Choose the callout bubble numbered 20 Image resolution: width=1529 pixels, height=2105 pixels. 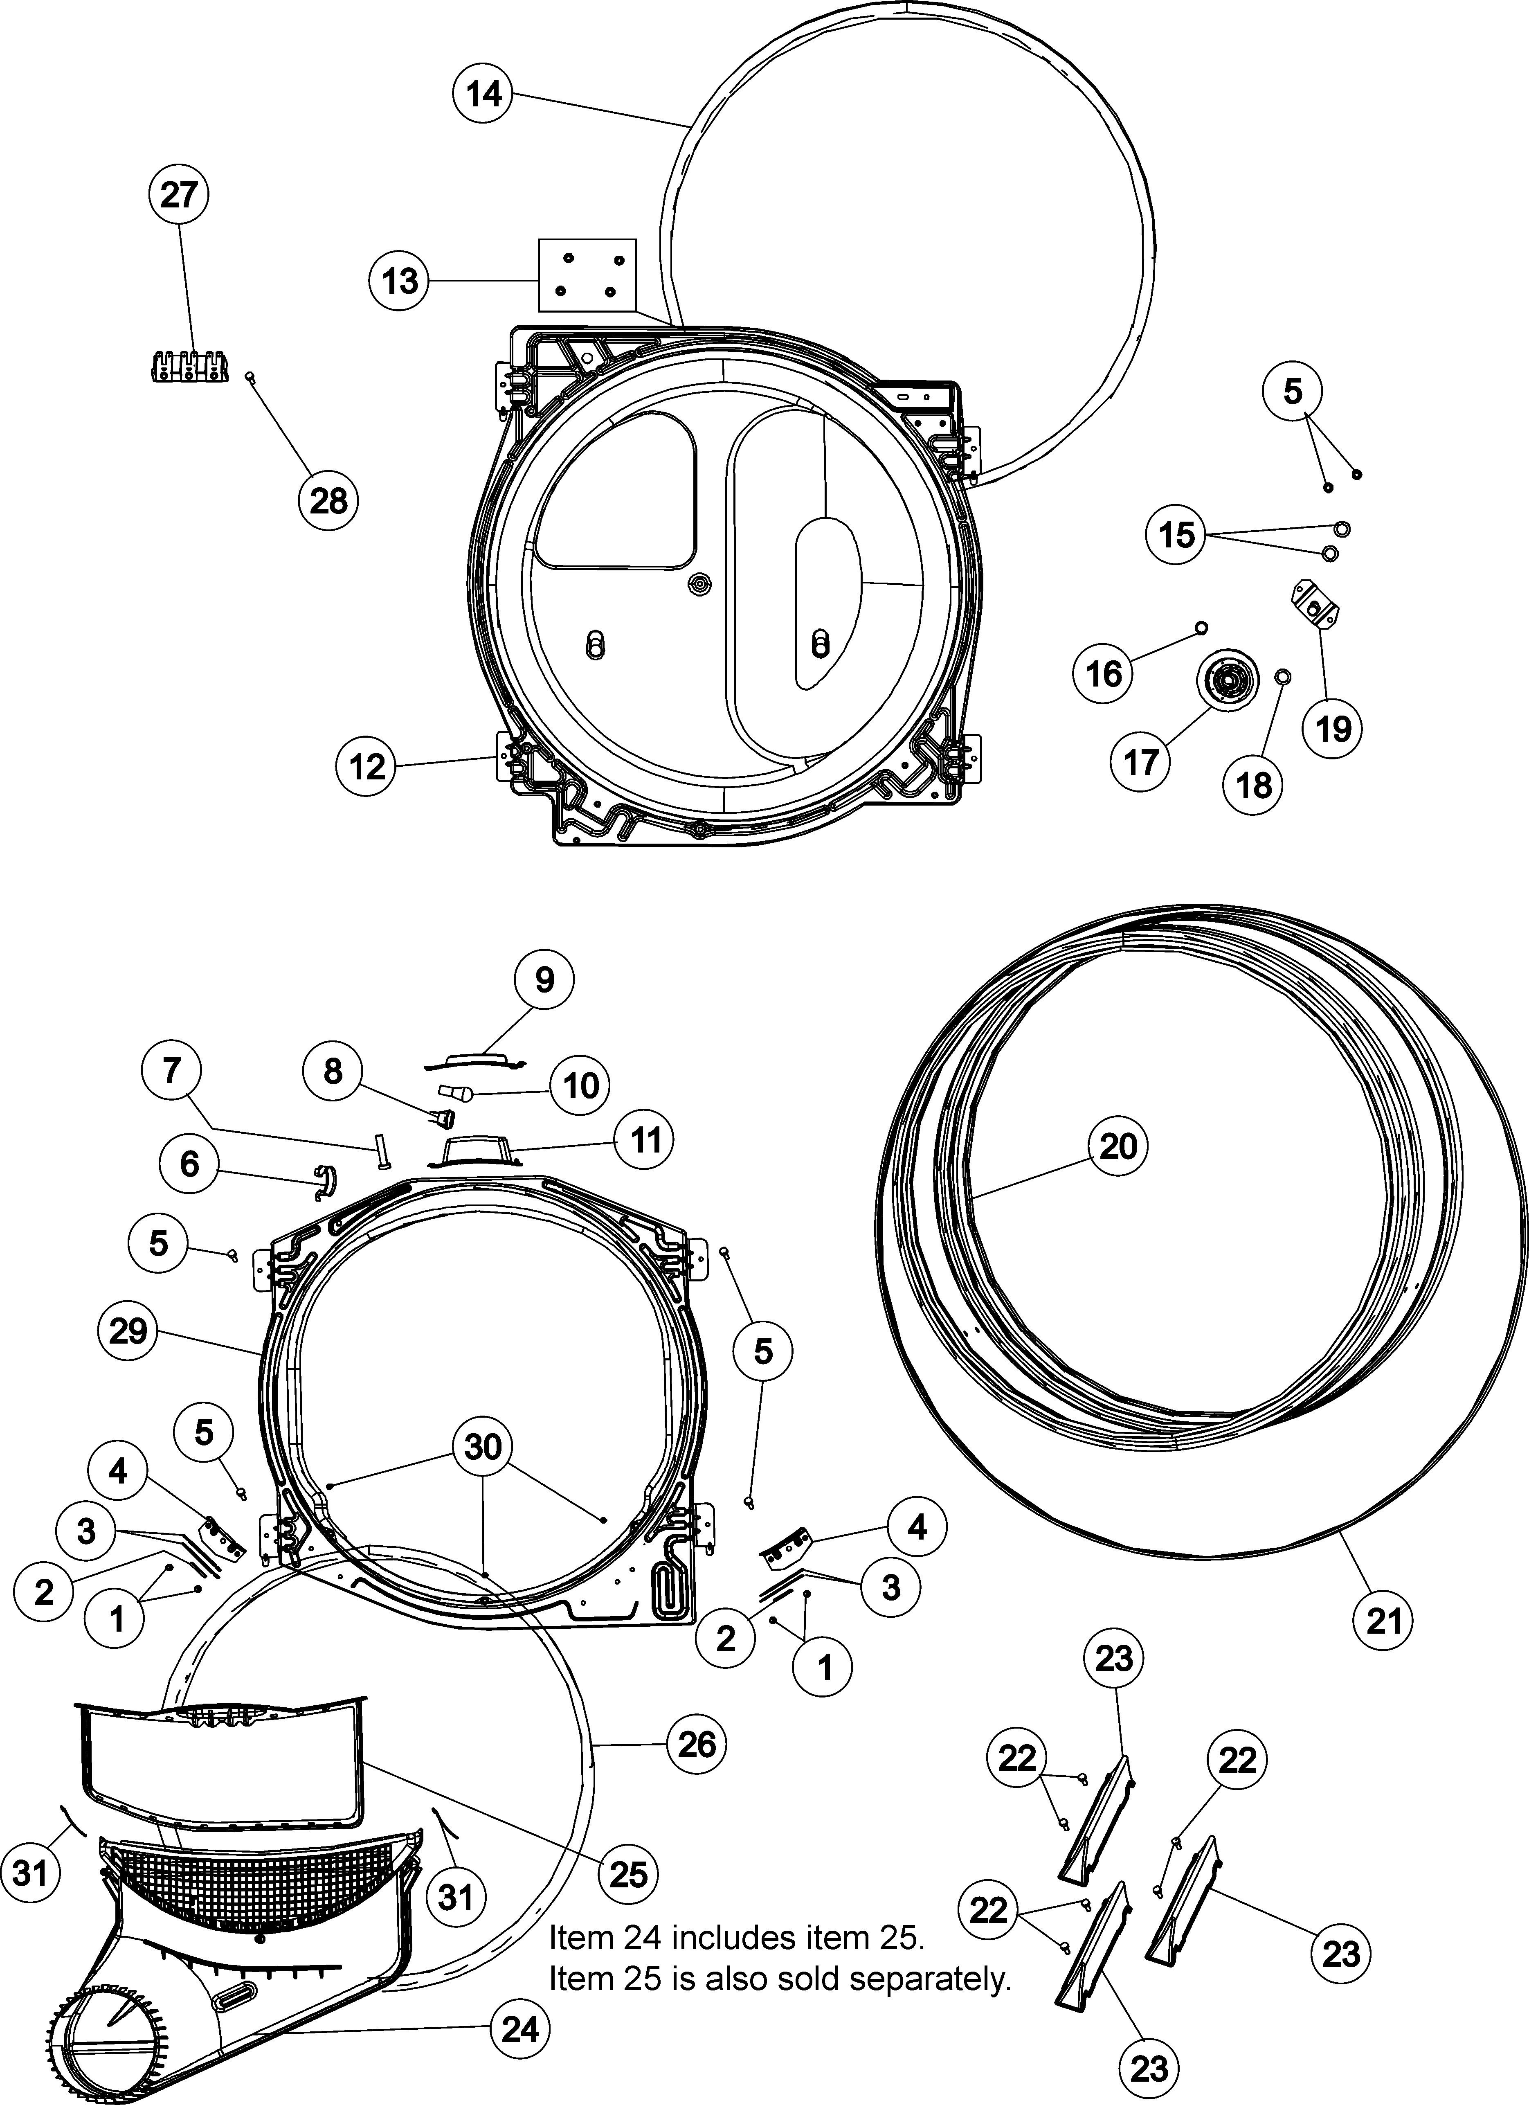click(x=1118, y=1147)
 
